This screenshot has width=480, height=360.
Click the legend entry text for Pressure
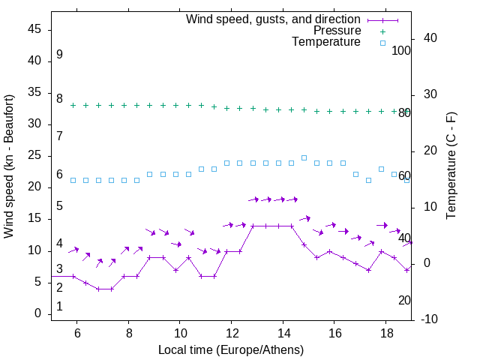[x=337, y=31]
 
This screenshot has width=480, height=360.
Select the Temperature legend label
[x=326, y=43]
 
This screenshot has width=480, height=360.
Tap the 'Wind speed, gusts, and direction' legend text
[x=274, y=19]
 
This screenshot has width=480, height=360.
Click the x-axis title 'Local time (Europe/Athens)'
[x=231, y=350]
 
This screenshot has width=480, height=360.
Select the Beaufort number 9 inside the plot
[x=59, y=55]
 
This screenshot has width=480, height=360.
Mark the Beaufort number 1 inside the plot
[x=59, y=306]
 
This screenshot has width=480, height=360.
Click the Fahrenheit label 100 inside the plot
[x=401, y=51]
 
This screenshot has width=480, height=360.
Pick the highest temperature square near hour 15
[x=304, y=157]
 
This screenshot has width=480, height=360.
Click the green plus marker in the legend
[x=382, y=31]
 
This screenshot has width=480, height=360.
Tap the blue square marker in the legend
[x=382, y=43]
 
